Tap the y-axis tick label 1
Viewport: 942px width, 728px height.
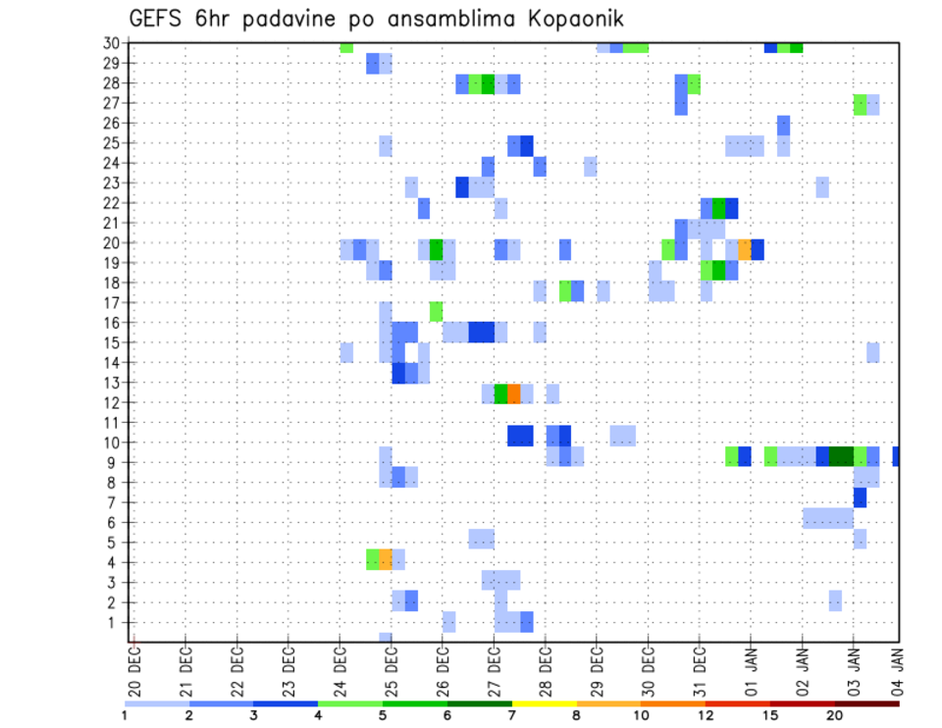pos(114,622)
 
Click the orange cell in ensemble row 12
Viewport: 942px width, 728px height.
pos(514,393)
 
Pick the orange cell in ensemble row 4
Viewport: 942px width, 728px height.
pos(386,558)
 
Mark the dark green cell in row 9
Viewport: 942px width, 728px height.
pos(841,456)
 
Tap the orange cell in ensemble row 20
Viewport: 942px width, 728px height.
pos(745,249)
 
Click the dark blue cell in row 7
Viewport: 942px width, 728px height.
pos(860,497)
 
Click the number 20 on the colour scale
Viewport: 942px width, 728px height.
pos(834,715)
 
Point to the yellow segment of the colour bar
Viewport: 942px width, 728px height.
pos(545,702)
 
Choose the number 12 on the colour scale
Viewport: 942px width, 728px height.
pos(706,715)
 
